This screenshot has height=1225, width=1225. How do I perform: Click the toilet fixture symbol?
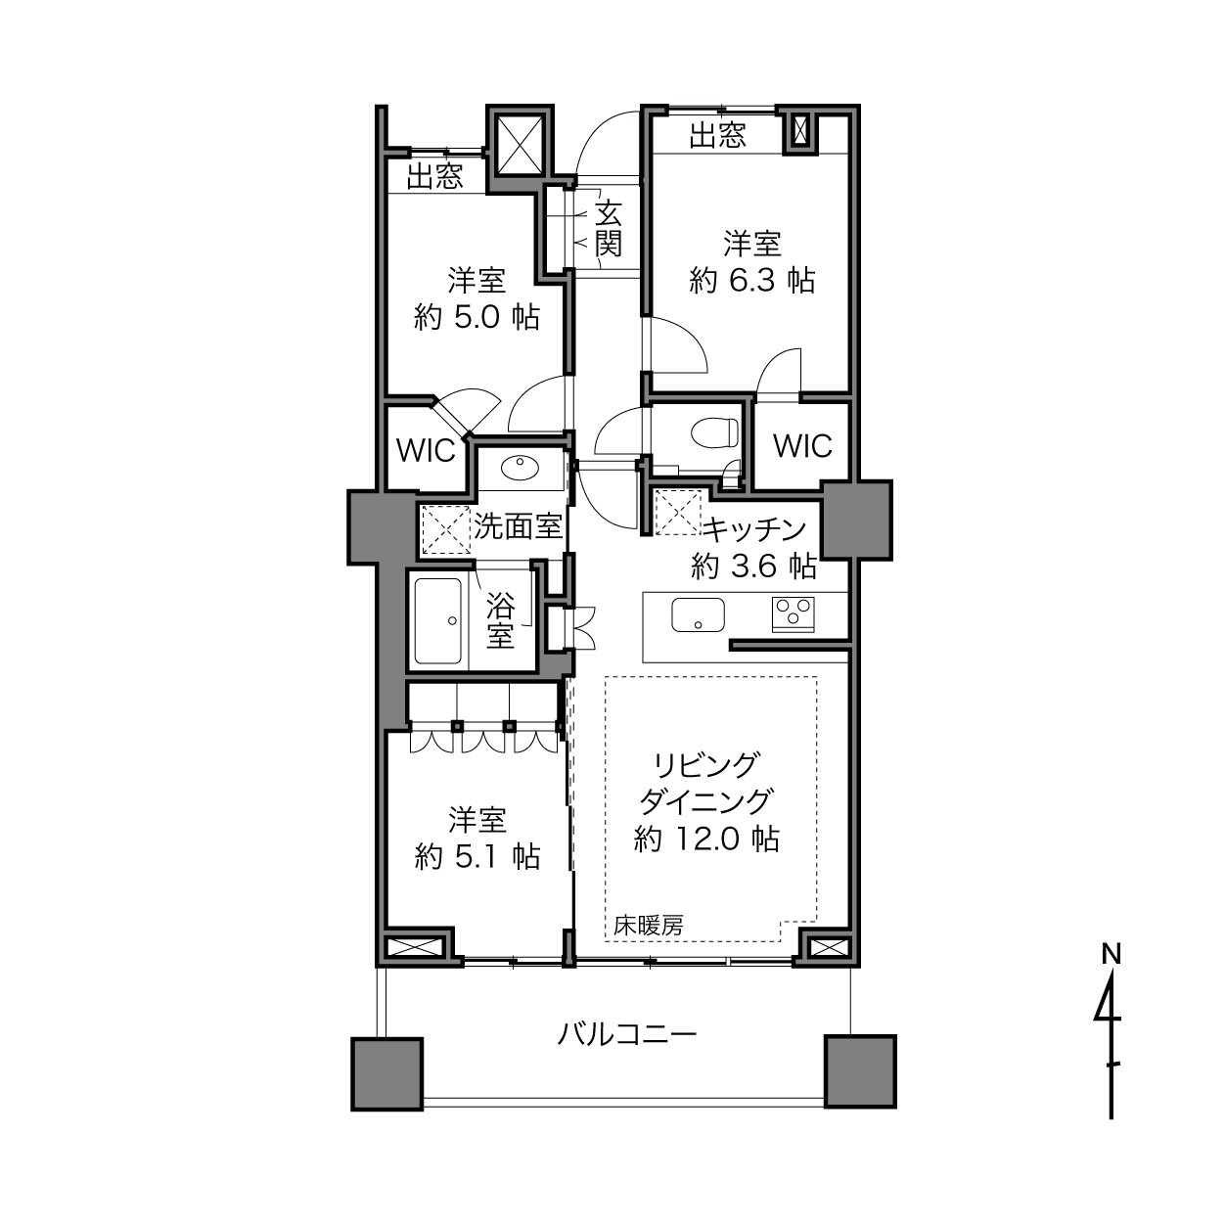tap(715, 432)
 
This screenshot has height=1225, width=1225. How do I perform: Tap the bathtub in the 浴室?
tap(438, 621)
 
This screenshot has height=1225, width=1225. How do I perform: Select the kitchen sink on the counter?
tap(698, 614)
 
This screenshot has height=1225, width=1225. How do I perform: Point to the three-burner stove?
tap(793, 614)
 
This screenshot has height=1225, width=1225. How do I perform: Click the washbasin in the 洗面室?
tap(520, 469)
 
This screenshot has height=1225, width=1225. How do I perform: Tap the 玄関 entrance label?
tap(609, 228)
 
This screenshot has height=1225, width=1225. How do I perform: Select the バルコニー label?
tap(627, 1035)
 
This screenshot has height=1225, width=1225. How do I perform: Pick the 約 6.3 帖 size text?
tap(752, 281)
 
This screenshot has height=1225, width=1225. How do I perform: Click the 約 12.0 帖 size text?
tap(706, 839)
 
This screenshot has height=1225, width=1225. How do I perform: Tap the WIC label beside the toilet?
tap(802, 446)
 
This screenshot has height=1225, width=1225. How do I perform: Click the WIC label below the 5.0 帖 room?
tap(426, 451)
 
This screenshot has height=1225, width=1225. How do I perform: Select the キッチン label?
tap(754, 529)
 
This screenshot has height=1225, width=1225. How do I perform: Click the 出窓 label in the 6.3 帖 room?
tap(718, 135)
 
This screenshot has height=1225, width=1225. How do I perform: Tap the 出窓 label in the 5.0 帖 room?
tap(434, 176)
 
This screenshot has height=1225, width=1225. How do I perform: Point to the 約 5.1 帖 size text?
tap(477, 857)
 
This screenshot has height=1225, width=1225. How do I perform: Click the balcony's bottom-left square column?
tap(387, 1073)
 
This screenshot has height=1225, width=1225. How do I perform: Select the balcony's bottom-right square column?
tap(860, 1071)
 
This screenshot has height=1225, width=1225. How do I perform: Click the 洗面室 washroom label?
tap(519, 527)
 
